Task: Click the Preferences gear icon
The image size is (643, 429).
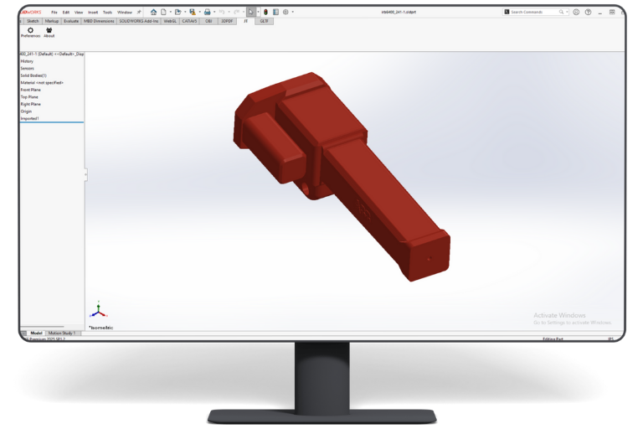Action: (30, 30)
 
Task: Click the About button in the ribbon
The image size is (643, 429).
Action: (49, 30)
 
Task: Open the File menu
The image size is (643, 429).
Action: (54, 12)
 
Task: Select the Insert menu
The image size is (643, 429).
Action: (93, 12)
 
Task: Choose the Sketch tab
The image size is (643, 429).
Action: (33, 21)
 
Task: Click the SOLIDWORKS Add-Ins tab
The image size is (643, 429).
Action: (138, 21)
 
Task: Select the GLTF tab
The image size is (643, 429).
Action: (264, 21)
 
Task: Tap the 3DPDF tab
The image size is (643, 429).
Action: (227, 21)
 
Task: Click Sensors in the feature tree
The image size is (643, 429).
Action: (28, 68)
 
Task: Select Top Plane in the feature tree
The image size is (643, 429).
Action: (29, 96)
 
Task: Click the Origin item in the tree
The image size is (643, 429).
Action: (26, 111)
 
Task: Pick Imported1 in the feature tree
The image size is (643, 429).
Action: (29, 118)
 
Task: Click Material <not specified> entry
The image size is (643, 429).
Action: (41, 82)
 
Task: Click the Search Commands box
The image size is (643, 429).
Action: (538, 12)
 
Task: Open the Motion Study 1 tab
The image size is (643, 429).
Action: (61, 333)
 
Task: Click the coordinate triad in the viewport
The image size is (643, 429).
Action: (98, 310)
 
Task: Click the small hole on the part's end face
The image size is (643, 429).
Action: (430, 258)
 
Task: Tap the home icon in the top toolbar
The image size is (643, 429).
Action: (153, 12)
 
